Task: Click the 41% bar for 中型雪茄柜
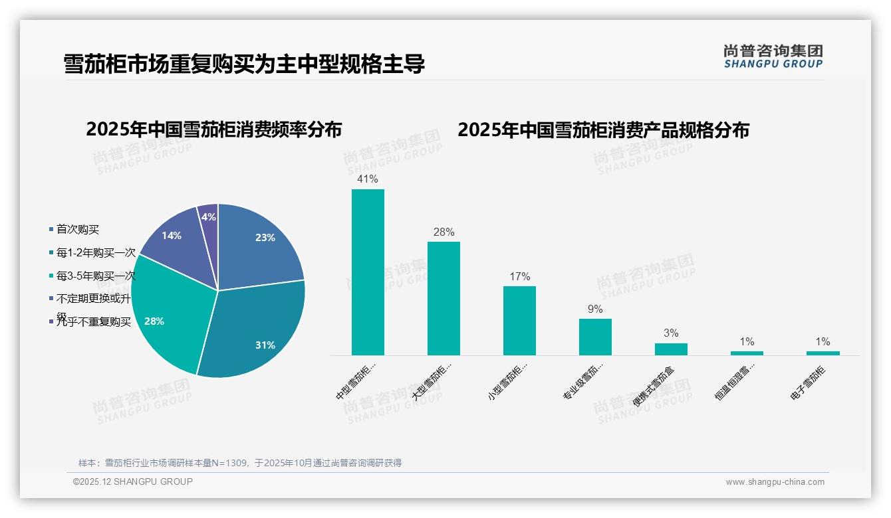pyautogui.click(x=368, y=272)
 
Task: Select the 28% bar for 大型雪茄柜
pyautogui.click(x=444, y=298)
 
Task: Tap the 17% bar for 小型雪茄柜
pyautogui.click(x=519, y=321)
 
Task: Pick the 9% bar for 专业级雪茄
pyautogui.click(x=595, y=337)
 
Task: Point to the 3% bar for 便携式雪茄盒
pyautogui.click(x=671, y=349)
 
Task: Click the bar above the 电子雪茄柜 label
pyautogui.click(x=823, y=353)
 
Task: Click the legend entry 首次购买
pyautogui.click(x=77, y=229)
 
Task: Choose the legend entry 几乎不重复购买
pyautogui.click(x=93, y=322)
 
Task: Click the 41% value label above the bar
pyautogui.click(x=368, y=179)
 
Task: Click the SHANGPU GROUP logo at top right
pyautogui.click(x=773, y=56)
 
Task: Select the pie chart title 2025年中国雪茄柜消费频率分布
pyautogui.click(x=213, y=129)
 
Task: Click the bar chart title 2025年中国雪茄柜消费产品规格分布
pyautogui.click(x=603, y=129)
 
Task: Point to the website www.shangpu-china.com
pyautogui.click(x=775, y=482)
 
